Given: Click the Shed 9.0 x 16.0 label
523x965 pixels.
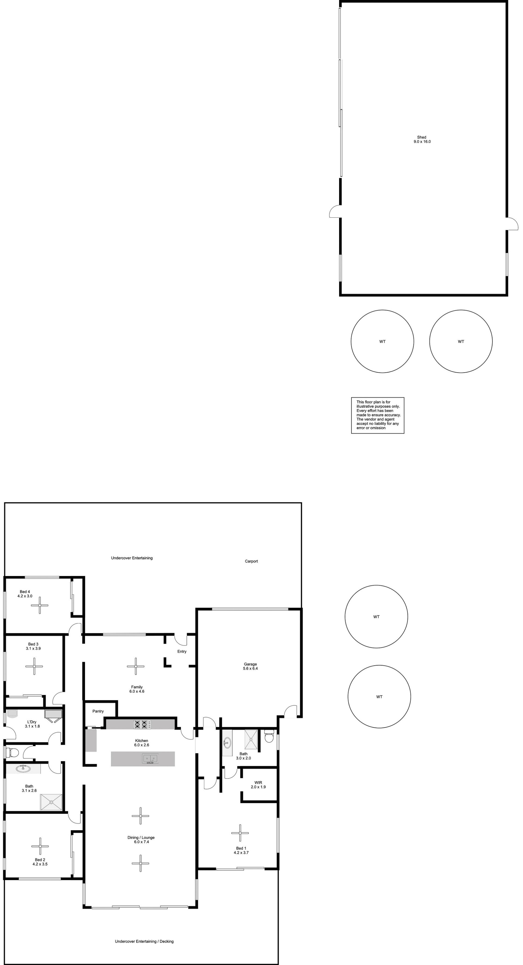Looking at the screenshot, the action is click(422, 139).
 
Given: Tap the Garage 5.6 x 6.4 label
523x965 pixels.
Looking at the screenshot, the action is click(250, 666).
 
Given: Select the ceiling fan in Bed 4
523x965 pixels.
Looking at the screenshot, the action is click(40, 605).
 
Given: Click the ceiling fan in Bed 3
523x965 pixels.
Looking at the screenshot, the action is click(34, 666).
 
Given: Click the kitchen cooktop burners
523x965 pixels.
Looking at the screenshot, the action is click(143, 724).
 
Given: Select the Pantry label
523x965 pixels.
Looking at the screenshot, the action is click(98, 711).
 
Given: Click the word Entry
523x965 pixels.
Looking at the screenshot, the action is click(182, 652).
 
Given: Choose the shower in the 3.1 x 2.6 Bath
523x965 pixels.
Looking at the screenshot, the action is click(51, 802).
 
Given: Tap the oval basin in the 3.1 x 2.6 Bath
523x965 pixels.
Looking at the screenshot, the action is click(23, 769).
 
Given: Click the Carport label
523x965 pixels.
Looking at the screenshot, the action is click(251, 561).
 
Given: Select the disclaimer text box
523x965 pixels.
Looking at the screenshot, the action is click(378, 415).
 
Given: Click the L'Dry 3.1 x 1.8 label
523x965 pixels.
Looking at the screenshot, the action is click(32, 724).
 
